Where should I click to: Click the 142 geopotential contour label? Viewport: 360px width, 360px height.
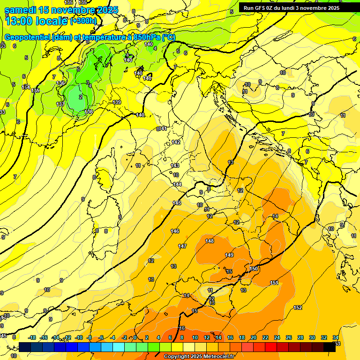pos(176,142)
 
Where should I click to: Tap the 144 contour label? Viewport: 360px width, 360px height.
pos(177,184)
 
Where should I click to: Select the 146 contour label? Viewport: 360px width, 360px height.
pos(175,231)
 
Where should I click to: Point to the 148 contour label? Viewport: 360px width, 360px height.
pos(210,241)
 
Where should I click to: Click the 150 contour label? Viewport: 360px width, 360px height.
pos(254,269)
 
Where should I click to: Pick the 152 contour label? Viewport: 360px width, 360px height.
pos(298,307)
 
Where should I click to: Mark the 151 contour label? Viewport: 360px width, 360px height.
pos(274,283)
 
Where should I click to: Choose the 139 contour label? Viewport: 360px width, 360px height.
pos(117,102)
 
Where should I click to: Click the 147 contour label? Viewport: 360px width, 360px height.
pos(182,246)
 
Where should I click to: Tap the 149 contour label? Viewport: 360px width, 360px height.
pos(229,255)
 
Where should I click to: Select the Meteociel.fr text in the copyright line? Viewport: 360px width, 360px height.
pos(217,357)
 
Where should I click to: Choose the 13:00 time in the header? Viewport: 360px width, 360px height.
pos(19,21)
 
